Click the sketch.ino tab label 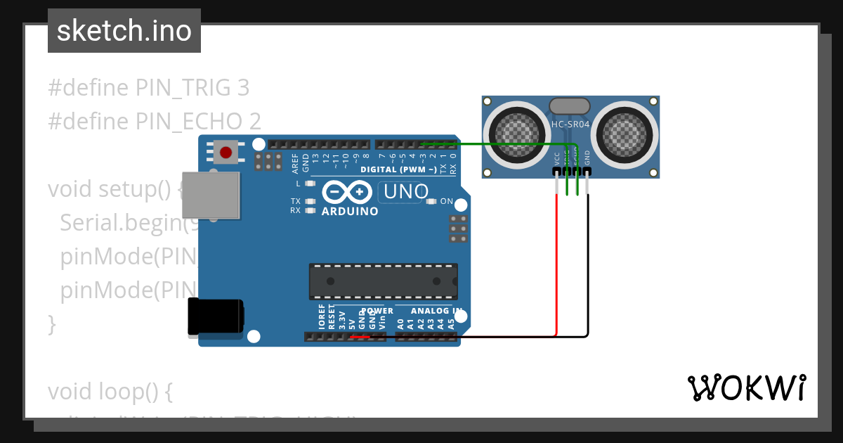124,31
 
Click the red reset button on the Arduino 226,151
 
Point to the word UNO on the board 403,191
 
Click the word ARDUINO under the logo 350,211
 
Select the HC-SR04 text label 570,125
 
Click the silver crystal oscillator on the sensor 570,105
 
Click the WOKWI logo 746,387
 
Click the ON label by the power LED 447,201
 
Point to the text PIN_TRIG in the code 183,88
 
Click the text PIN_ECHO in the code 185,122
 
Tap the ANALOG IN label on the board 436,311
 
